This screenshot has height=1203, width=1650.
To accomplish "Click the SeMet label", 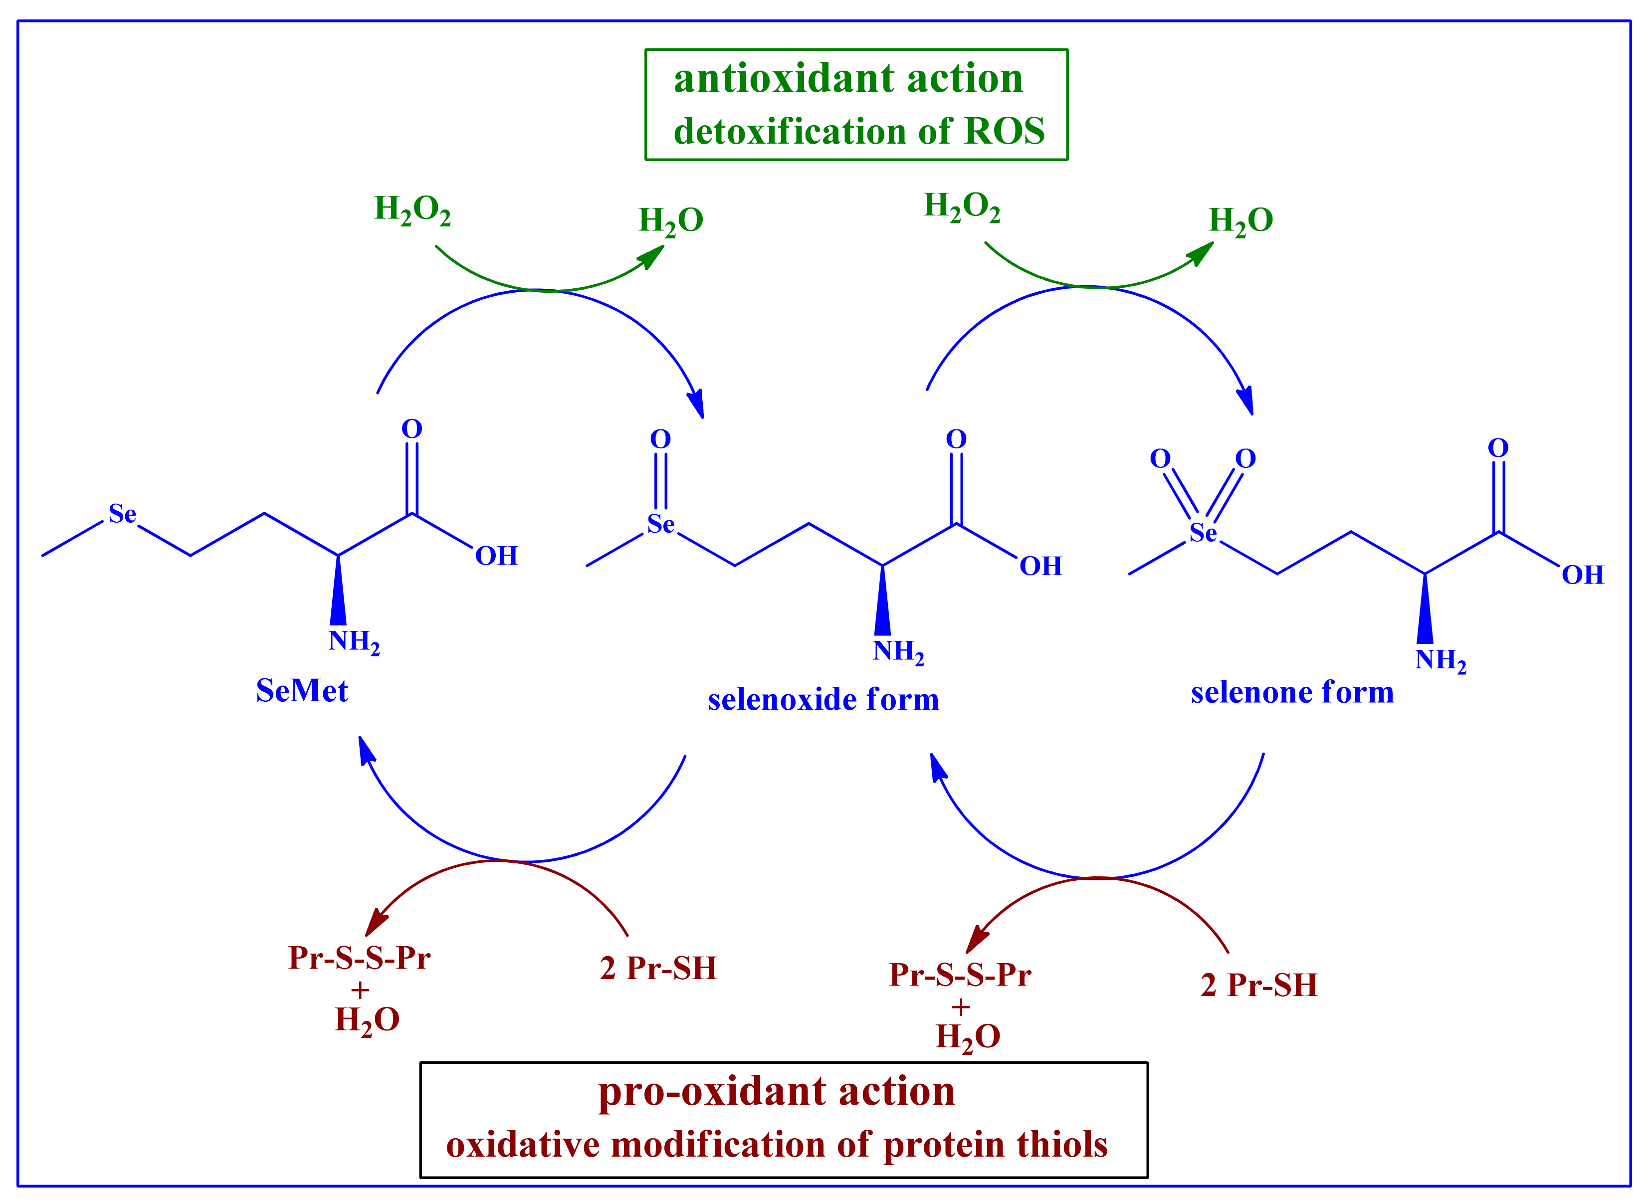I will pyautogui.click(x=301, y=690).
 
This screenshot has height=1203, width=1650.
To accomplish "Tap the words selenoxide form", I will pyautogui.click(x=823, y=700).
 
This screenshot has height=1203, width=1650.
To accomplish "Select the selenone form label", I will pyautogui.click(x=1292, y=693).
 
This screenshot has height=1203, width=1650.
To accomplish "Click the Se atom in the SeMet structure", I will pyautogui.click(x=122, y=514).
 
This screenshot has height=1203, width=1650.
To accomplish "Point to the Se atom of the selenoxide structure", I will pyautogui.click(x=660, y=524).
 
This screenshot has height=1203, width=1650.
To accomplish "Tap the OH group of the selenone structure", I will pyautogui.click(x=1582, y=575).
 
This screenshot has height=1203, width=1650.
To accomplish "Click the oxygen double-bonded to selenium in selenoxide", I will pyautogui.click(x=660, y=439).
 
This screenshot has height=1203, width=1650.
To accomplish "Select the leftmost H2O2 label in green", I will pyautogui.click(x=412, y=209).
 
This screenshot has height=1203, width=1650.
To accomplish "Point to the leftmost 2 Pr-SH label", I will pyautogui.click(x=658, y=969).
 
